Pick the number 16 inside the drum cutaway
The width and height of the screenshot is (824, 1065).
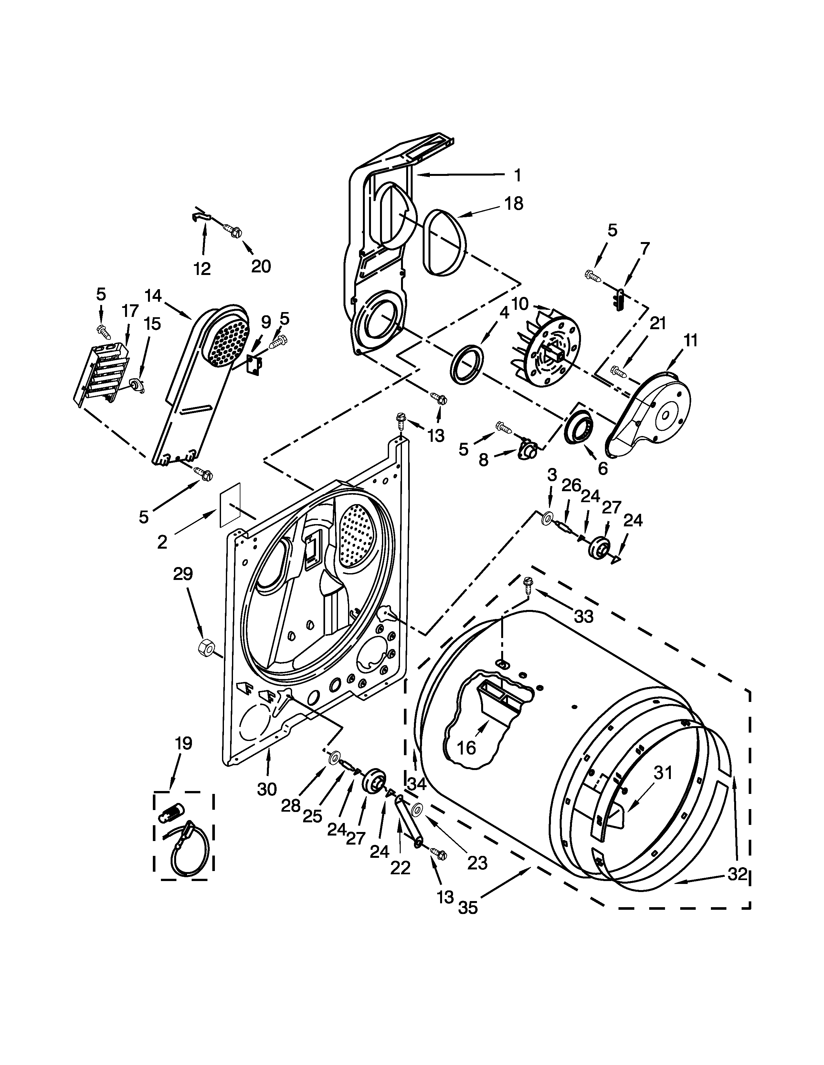pyautogui.click(x=467, y=747)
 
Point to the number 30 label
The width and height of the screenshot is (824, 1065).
pyautogui.click(x=267, y=788)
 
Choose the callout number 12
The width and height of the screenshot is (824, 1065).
pyautogui.click(x=202, y=268)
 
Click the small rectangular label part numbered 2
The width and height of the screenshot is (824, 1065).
pyautogui.click(x=229, y=505)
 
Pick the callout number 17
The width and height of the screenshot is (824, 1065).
pyautogui.click(x=130, y=310)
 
